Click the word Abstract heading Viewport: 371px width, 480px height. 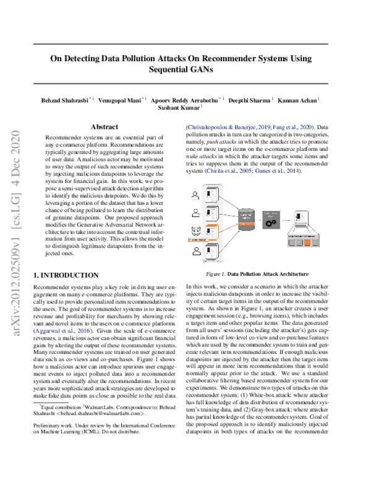coord(108,126)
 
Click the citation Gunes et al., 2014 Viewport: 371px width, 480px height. coord(281,170)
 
